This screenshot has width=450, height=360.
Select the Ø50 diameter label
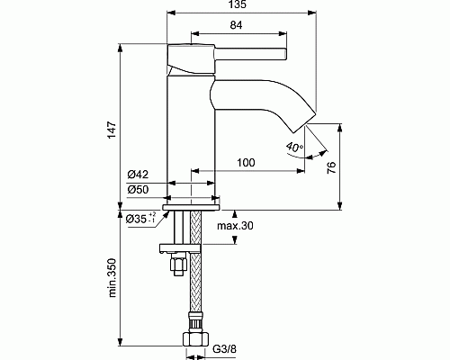(139, 190)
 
